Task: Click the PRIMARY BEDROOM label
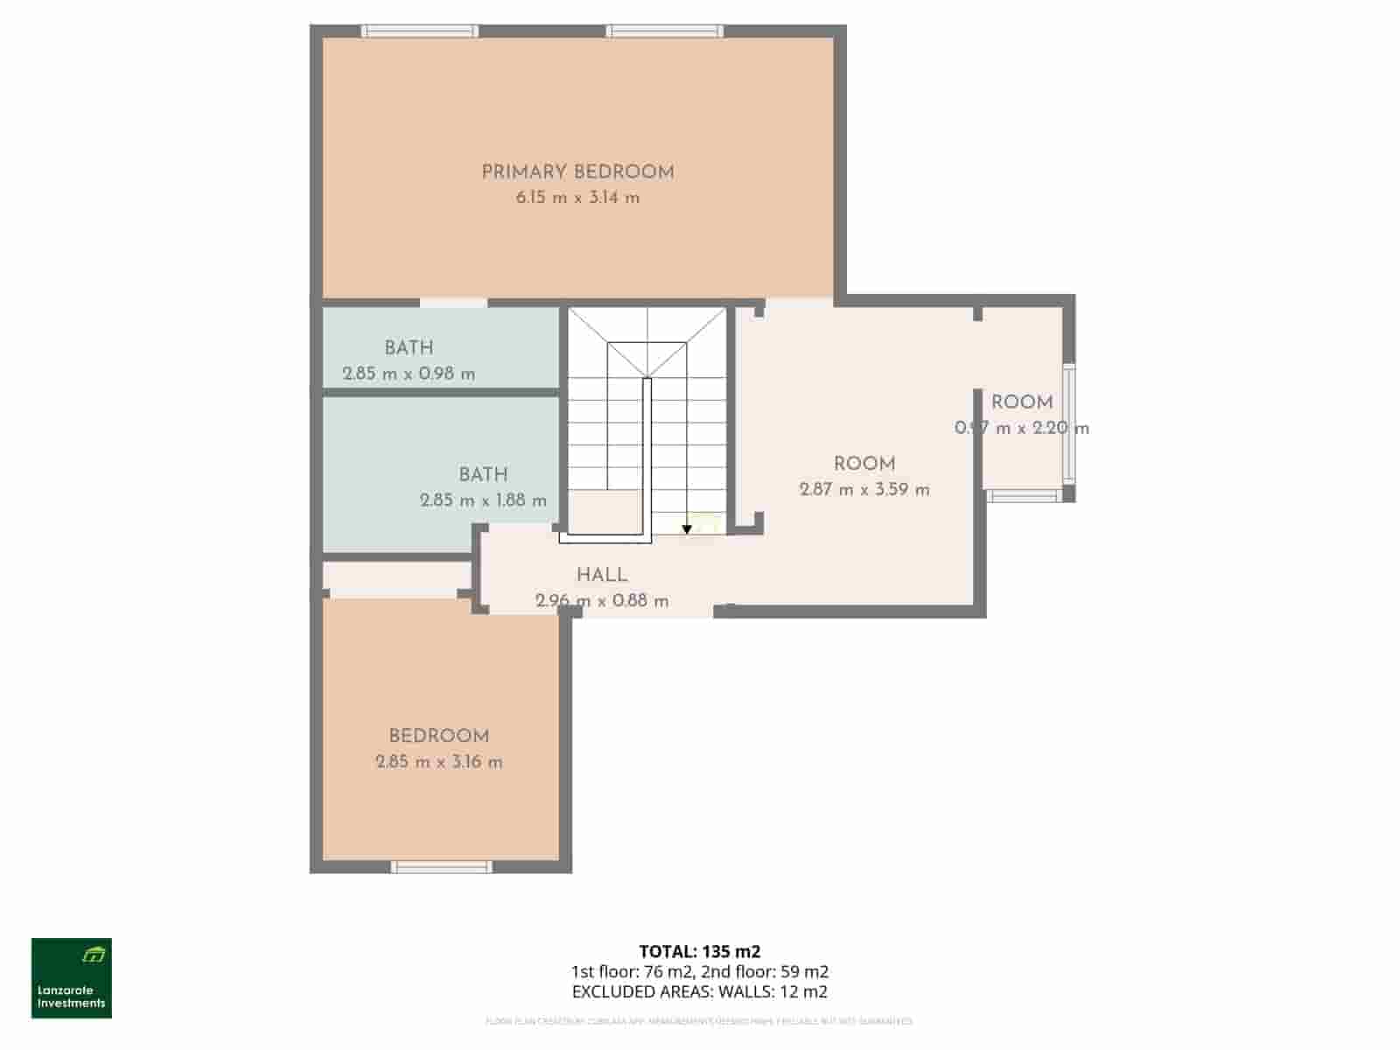click(577, 172)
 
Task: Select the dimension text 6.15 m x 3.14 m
click(577, 198)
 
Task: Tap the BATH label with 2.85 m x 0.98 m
click(409, 347)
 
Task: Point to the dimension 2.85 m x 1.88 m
click(483, 500)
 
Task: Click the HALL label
click(601, 575)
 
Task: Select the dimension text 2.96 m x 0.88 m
click(601, 601)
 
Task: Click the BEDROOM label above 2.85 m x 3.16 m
click(438, 736)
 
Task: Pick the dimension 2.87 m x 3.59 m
click(864, 490)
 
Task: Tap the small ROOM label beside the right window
click(1021, 402)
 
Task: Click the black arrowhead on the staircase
click(687, 528)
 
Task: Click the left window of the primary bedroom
click(420, 31)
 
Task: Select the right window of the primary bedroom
click(665, 31)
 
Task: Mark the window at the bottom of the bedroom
click(442, 866)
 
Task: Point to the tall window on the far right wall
click(1068, 423)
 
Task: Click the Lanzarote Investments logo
click(72, 978)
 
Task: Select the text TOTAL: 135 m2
click(699, 952)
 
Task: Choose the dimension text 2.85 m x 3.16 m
click(438, 762)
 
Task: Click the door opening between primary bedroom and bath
click(453, 303)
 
